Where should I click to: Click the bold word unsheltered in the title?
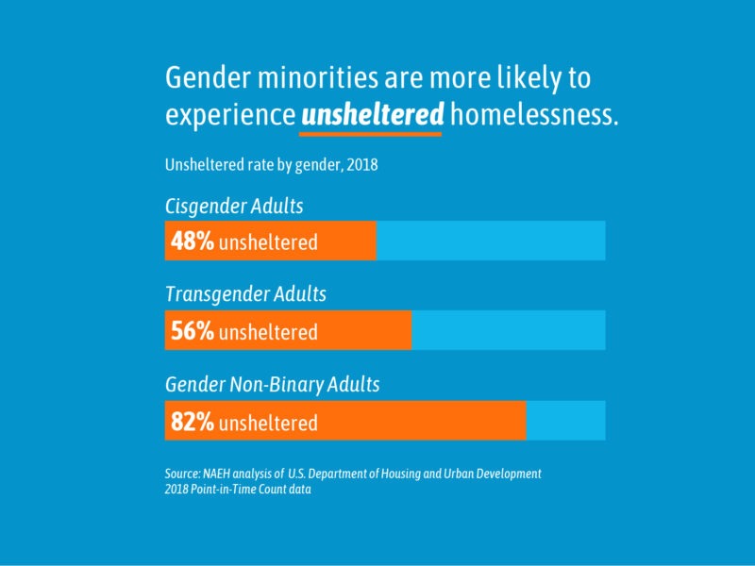[372, 115]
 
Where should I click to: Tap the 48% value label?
[192, 241]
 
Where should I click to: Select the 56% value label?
[192, 331]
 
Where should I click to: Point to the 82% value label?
[192, 422]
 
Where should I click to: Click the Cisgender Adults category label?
[234, 206]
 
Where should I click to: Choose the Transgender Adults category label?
[245, 294]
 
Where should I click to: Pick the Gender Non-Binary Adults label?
[272, 385]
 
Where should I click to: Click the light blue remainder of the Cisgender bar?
[491, 241]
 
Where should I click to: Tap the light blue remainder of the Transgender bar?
[508, 330]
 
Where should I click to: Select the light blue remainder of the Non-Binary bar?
[565, 421]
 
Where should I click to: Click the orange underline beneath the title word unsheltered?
[372, 134]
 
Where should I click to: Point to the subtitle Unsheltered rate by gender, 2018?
[271, 164]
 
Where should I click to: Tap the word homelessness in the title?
[534, 115]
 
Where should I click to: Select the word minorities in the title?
[315, 78]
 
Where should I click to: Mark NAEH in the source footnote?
[221, 473]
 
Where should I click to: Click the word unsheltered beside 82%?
[268, 423]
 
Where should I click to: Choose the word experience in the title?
[230, 115]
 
